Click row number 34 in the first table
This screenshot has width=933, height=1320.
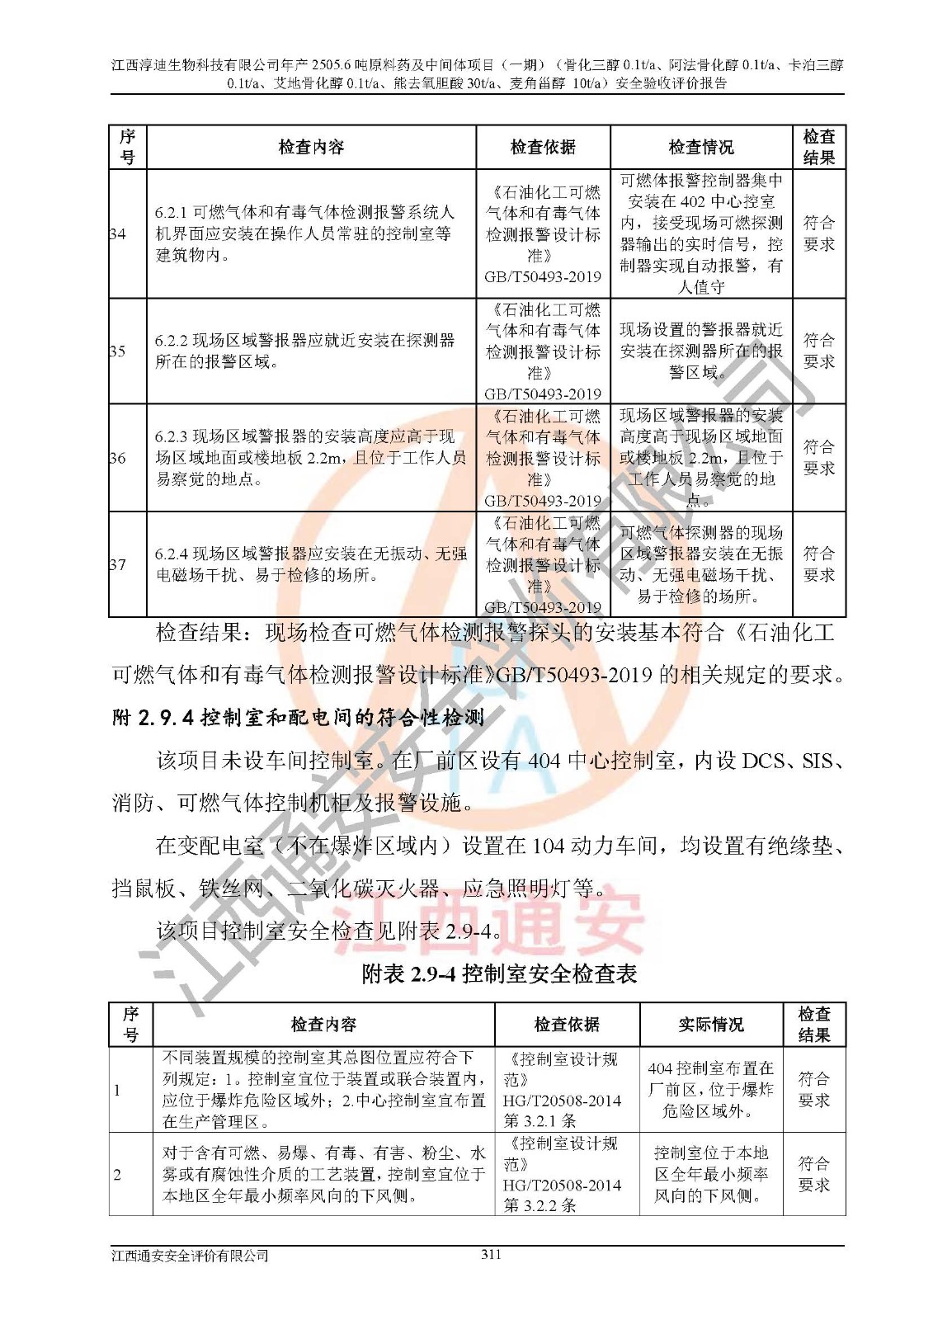point(118,234)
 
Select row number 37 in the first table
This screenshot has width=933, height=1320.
point(118,565)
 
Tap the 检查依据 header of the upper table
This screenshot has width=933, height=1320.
point(543,148)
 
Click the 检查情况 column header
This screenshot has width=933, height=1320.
point(701,148)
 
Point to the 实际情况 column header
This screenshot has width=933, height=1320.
point(711,1025)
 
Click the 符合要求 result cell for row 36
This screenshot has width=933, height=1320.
point(818,458)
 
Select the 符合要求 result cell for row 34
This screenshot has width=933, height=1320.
point(818,234)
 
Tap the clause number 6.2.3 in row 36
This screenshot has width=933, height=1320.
point(172,437)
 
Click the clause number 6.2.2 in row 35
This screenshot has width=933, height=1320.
point(172,341)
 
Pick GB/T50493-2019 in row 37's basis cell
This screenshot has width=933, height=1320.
point(543,608)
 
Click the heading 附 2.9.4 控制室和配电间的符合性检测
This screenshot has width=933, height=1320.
point(298,718)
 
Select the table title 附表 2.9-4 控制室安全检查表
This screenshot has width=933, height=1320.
point(499,974)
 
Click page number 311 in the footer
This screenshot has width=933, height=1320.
point(491,1255)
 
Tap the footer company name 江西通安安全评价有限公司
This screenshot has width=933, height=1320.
point(191,1256)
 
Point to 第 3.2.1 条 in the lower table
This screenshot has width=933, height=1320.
point(540,1121)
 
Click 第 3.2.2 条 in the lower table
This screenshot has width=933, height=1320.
point(540,1205)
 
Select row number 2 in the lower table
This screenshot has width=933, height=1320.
point(117,1174)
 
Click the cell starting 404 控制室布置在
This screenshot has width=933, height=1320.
point(710,1090)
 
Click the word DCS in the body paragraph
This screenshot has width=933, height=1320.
point(763,761)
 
